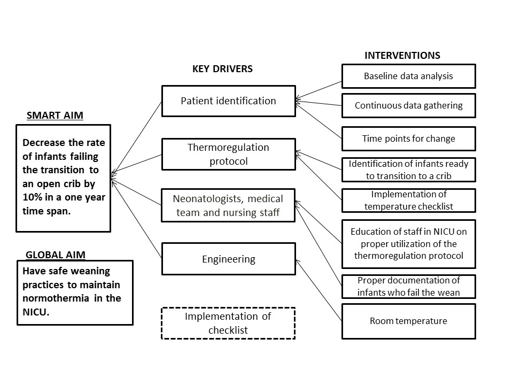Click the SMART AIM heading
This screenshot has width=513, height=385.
pyautogui.click(x=55, y=115)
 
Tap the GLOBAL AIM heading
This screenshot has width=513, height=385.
pyautogui.click(x=56, y=255)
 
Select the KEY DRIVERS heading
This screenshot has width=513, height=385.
pyautogui.click(x=222, y=69)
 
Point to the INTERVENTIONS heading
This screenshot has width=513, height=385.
pyautogui.click(x=402, y=55)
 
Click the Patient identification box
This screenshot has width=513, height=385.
pyautogui.click(x=229, y=101)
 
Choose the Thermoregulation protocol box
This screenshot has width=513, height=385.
pyautogui.click(x=229, y=154)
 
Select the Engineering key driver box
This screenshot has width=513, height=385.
pyautogui.click(x=229, y=259)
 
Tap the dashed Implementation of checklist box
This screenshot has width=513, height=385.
pyautogui.click(x=228, y=323)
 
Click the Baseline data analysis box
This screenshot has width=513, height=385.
pyautogui.click(x=409, y=76)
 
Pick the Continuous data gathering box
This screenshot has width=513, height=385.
pyautogui.click(x=409, y=105)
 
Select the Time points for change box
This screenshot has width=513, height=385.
pyautogui.click(x=409, y=138)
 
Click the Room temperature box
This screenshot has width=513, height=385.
pyautogui.click(x=409, y=321)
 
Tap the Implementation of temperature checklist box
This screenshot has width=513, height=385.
pyautogui.click(x=409, y=201)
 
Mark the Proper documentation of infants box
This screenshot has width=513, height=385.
pyautogui.click(x=409, y=287)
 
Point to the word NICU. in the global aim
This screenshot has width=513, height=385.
pyautogui.click(x=36, y=312)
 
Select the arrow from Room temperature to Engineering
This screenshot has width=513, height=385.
pyautogui.click(x=318, y=290)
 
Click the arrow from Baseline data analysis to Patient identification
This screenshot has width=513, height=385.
pyautogui.click(x=318, y=90)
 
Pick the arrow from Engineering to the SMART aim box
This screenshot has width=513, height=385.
pyautogui.click(x=136, y=218)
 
